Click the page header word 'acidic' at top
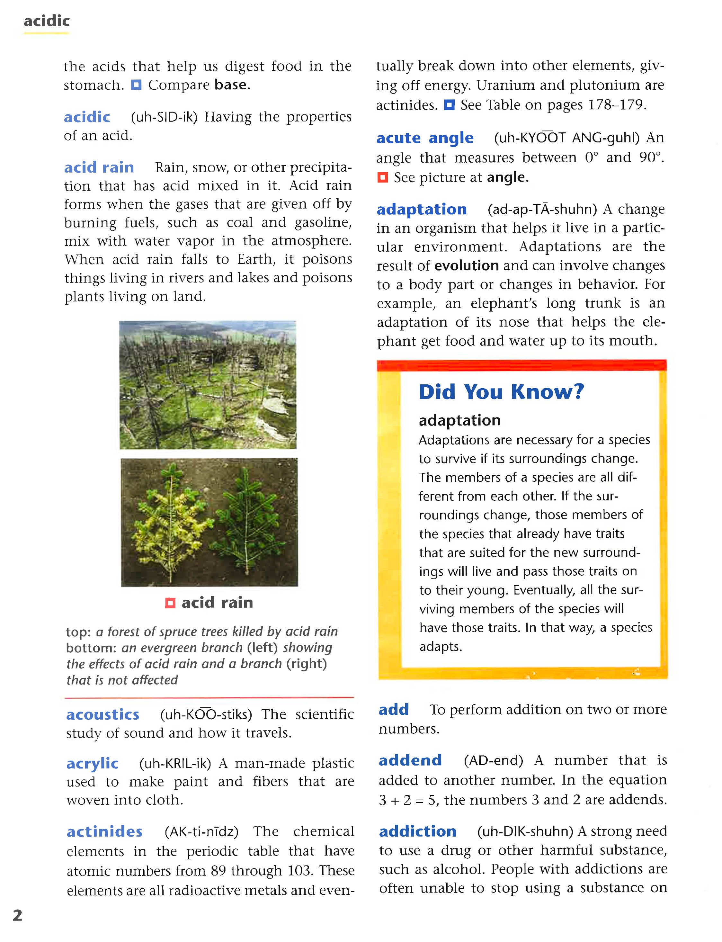[46, 21]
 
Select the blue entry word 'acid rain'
[99, 167]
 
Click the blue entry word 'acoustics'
[103, 714]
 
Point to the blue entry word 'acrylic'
[93, 763]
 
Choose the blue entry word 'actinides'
[104, 831]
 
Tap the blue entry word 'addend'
[410, 760]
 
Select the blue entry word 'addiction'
[417, 831]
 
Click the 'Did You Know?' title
[501, 391]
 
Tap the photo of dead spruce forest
[208, 385]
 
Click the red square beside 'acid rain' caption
[170, 603]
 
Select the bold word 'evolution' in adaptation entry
[466, 265]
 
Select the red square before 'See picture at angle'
[382, 177]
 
